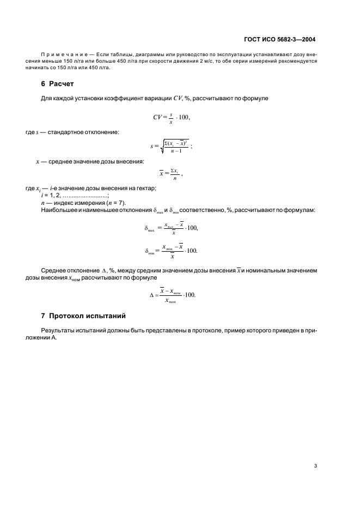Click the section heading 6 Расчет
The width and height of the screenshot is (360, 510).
[57, 84]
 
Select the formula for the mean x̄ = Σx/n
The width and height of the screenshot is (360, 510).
[170, 174]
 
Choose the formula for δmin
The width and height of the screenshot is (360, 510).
[171, 250]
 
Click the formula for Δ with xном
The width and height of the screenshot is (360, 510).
[172, 294]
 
